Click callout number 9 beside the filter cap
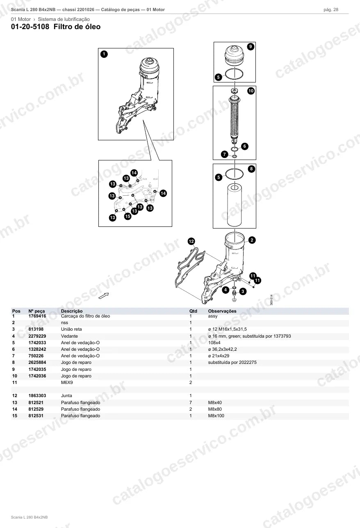(251, 46)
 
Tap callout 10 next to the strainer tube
(251, 91)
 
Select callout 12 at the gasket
(191, 241)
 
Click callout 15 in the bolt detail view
(128, 216)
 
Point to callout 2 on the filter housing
(252, 240)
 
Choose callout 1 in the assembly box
(104, 54)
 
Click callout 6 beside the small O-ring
(244, 146)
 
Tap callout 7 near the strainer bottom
(225, 154)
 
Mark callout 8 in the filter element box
(251, 169)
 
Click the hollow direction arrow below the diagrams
(104, 296)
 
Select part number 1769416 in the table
(37, 316)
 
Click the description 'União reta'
(71, 329)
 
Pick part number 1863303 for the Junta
(37, 396)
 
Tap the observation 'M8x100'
(216, 416)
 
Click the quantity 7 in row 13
(191, 402)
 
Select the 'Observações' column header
(222, 311)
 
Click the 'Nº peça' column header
(36, 311)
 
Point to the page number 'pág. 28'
(331, 10)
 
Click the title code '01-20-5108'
(30, 27)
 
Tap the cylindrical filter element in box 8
(235, 205)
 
